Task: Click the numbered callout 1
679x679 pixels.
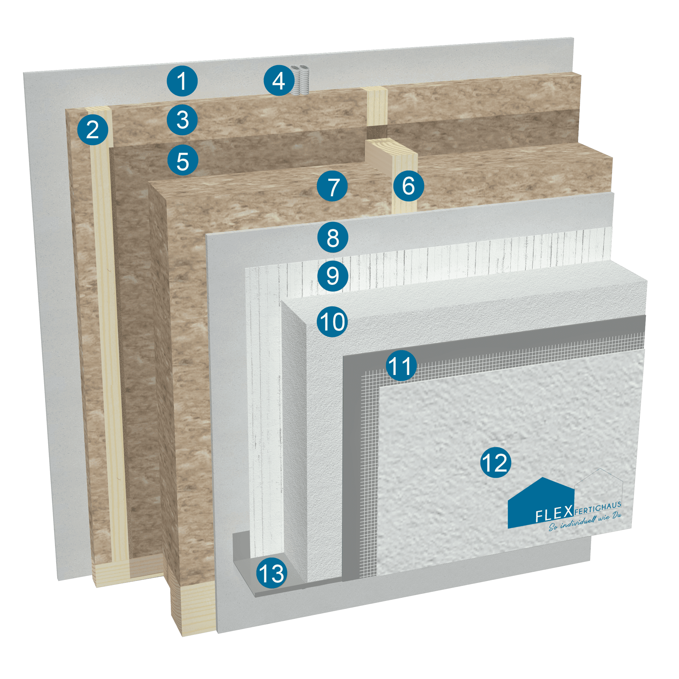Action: point(182,81)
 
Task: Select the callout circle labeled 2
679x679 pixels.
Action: point(93,130)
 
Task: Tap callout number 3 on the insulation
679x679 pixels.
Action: point(182,120)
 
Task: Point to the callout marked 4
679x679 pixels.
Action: point(279,81)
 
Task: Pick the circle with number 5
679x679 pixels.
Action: point(183,160)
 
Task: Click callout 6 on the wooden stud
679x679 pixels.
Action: point(408,186)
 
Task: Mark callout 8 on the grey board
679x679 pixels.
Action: point(332,237)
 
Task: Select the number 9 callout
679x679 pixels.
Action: point(332,276)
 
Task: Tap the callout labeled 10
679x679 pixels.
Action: point(332,322)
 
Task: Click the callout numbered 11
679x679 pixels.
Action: point(401,366)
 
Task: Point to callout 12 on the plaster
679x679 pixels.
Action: point(496,463)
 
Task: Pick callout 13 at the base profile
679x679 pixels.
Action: point(271,573)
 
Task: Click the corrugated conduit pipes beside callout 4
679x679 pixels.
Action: point(300,80)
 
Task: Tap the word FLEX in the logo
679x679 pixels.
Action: point(554,514)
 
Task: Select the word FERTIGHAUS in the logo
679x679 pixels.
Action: point(598,507)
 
